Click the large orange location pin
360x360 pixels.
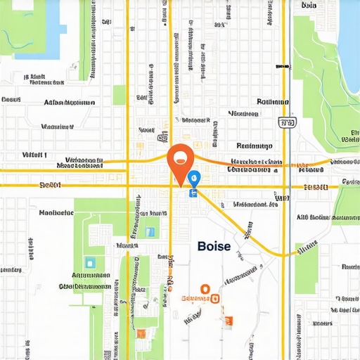(180, 160)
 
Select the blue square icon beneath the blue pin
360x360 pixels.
(192, 191)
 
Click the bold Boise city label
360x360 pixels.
(214, 246)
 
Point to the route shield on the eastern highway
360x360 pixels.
(285, 123)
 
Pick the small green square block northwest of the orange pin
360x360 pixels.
(119, 95)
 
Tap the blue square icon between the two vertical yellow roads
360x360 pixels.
(149, 231)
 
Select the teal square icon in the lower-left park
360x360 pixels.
(90, 262)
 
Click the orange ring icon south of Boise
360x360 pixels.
(205, 288)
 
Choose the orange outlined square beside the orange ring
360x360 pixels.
(216, 298)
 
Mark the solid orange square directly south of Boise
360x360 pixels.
(227, 323)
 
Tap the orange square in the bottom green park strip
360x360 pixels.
(141, 333)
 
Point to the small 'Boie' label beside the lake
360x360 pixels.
(309, 6)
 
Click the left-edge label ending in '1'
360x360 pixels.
(34, 155)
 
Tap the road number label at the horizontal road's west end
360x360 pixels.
(50, 186)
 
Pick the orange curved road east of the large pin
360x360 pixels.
(253, 165)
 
